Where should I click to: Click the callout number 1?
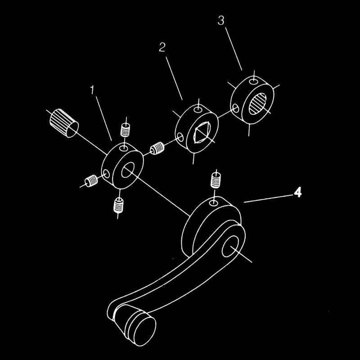click(x=92, y=90)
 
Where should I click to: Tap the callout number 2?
click(x=162, y=47)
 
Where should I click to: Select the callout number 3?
click(x=220, y=20)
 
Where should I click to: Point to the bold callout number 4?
click(x=298, y=192)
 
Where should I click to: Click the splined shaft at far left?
click(x=64, y=123)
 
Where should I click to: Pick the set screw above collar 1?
click(x=126, y=130)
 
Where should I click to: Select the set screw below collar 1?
click(x=118, y=205)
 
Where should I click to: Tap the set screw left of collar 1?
click(x=91, y=181)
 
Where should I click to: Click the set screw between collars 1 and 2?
click(x=157, y=148)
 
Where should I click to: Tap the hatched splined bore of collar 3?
click(x=258, y=103)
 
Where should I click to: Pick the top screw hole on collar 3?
click(x=253, y=81)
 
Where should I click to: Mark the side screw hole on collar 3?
click(x=235, y=108)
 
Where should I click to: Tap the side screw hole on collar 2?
click(x=180, y=137)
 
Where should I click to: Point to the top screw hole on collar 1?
click(x=124, y=148)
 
